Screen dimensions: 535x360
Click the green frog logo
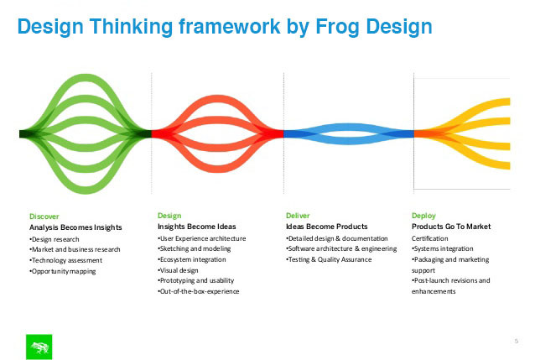(39, 347)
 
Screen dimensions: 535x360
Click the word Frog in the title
(337, 28)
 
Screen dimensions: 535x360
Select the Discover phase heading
(44, 217)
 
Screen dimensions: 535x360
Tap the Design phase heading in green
(169, 216)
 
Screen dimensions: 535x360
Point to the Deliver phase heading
(298, 216)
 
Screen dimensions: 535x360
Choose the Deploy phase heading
(423, 216)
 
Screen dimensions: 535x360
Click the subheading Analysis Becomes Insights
(75, 227)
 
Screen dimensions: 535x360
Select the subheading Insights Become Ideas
(196, 227)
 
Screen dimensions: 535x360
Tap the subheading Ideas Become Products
(326, 227)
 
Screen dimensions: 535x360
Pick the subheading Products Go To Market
(451, 227)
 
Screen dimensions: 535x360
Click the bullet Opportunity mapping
(62, 272)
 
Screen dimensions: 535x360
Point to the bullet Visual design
(178, 270)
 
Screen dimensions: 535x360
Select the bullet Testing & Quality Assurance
(329, 259)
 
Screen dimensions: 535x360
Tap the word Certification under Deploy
(430, 238)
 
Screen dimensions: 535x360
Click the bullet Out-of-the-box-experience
(198, 291)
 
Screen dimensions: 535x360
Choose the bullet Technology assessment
(65, 260)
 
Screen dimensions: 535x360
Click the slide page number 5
(517, 341)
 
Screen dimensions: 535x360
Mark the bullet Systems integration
(443, 249)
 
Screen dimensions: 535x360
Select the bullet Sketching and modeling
(195, 249)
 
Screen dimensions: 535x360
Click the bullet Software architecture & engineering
(341, 249)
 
